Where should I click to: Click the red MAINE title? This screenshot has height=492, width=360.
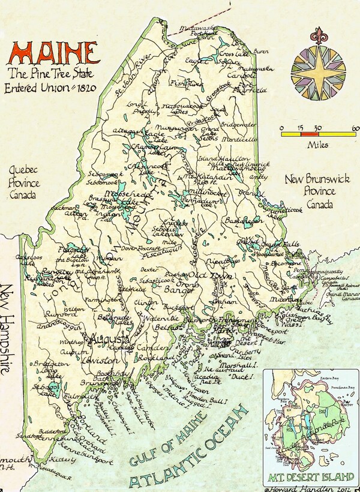coord(53,53)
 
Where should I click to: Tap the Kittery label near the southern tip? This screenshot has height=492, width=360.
coord(64,460)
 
